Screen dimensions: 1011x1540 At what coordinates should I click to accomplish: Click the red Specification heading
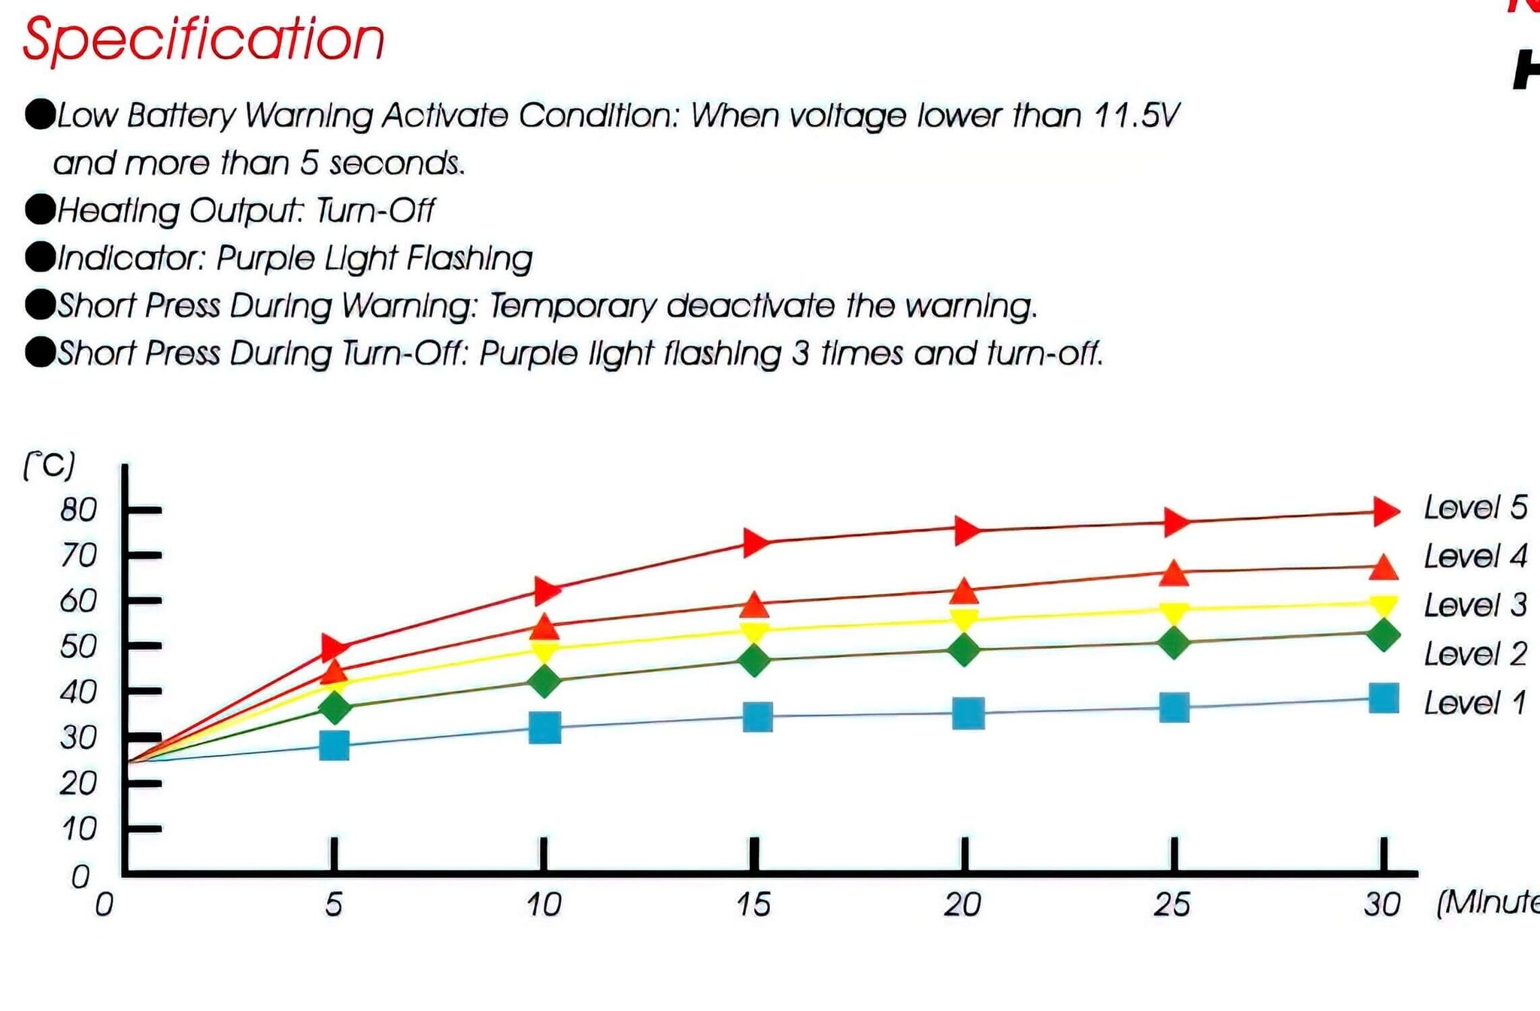click(203, 39)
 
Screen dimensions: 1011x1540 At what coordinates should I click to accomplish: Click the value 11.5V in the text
click(1136, 116)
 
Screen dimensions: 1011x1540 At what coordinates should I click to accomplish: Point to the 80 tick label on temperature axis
click(79, 510)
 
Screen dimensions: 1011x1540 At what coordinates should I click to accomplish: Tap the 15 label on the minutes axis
click(753, 905)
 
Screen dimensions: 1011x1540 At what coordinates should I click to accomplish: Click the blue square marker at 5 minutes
click(335, 746)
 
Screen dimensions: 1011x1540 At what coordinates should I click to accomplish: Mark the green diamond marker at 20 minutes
click(965, 650)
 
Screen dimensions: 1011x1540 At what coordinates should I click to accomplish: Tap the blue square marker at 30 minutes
click(1384, 698)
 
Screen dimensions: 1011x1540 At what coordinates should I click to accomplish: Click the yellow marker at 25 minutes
click(1174, 613)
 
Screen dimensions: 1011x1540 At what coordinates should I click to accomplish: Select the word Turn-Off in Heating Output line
click(374, 211)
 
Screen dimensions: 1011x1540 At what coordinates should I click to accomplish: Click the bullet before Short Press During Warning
click(40, 305)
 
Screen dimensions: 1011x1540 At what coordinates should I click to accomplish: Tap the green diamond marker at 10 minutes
click(544, 682)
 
